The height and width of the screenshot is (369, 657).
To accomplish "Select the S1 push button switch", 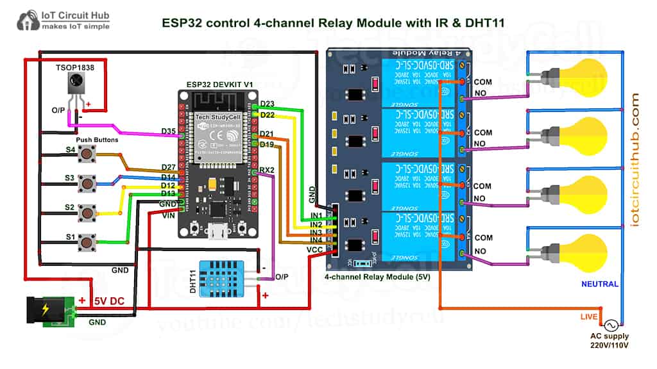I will [85, 242].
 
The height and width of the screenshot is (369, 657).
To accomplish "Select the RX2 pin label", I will [268, 170].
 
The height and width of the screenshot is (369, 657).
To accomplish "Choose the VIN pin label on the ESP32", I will [168, 215].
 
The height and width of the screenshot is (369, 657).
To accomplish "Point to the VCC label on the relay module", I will [315, 249].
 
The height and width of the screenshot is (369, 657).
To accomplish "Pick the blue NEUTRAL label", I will [599, 284].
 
